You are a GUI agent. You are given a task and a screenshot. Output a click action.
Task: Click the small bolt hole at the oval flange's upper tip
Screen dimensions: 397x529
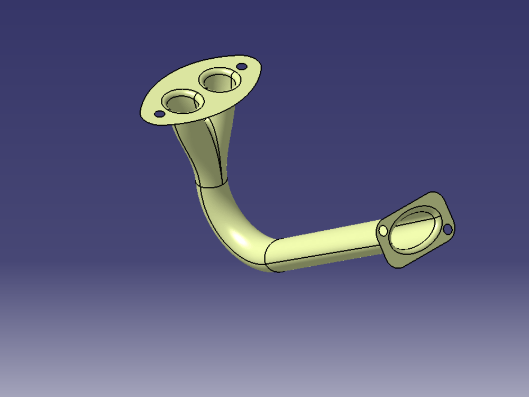(241, 67)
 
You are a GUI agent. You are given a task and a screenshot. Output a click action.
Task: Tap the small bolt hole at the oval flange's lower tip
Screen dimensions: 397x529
(159, 113)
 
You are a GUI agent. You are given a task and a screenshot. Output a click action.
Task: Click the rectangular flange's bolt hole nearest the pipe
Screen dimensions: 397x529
(383, 230)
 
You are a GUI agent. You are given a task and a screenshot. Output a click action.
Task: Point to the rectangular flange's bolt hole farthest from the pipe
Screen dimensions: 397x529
(447, 229)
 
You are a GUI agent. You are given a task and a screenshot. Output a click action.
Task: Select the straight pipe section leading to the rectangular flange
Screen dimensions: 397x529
(328, 243)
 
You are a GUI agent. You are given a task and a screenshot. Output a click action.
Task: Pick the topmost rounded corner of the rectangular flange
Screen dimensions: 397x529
(433, 193)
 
